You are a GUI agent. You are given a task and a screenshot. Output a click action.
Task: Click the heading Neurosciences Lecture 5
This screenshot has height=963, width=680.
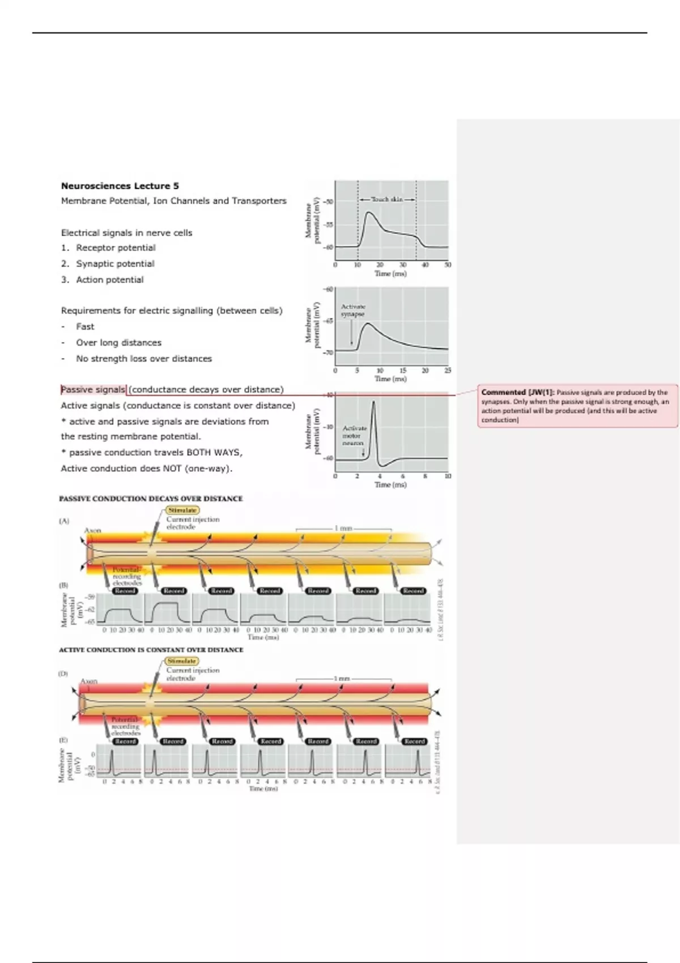pos(120,186)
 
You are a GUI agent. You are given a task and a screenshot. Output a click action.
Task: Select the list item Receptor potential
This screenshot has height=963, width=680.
pos(116,248)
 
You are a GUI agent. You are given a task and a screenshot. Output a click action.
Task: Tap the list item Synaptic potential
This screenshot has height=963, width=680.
pos(115,263)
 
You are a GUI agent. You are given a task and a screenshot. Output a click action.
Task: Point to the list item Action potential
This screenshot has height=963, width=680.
pos(110,279)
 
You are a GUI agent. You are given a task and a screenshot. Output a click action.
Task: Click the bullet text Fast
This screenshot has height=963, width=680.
pos(85,326)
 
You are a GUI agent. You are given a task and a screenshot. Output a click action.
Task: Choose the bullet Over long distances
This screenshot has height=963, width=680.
pos(118,343)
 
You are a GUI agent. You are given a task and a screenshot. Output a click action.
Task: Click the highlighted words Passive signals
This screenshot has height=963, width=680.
pos(93,390)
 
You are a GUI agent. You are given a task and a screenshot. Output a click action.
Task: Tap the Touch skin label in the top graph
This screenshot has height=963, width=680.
pos(387,199)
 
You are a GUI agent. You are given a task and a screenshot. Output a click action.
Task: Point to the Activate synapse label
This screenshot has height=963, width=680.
pos(353,310)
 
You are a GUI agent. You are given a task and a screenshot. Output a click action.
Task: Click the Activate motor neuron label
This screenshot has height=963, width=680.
pos(354,435)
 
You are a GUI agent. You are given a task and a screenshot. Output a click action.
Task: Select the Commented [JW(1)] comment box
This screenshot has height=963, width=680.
pos(577,406)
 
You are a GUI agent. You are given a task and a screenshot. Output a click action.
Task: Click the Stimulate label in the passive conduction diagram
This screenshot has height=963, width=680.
pos(182,510)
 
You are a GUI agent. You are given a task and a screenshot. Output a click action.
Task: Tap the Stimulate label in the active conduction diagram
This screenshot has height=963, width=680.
pos(182,661)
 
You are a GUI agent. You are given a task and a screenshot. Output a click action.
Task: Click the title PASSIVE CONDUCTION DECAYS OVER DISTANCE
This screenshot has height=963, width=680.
pos(151,498)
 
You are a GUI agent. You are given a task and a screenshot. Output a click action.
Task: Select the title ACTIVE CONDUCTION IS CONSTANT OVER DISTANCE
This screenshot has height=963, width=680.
pos(151,650)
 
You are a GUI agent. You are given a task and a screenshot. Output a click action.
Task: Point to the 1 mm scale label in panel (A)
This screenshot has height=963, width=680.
pos(343,528)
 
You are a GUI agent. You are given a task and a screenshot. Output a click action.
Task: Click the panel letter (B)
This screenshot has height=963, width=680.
pos(64,585)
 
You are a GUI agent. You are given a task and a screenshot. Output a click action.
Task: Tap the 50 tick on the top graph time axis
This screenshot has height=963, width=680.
pos(448,265)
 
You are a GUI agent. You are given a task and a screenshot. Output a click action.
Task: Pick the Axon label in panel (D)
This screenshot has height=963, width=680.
pos(89,681)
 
